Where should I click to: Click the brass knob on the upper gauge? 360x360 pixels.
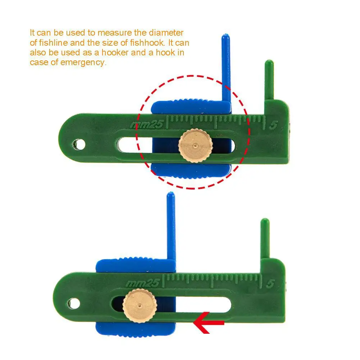pyautogui.click(x=196, y=146)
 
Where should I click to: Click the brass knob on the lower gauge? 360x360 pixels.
pyautogui.click(x=140, y=306)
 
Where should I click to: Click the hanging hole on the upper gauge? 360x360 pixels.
pyautogui.click(x=79, y=145)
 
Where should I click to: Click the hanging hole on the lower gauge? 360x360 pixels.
pyautogui.click(x=74, y=304)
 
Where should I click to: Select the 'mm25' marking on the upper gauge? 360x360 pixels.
pyautogui.click(x=147, y=125)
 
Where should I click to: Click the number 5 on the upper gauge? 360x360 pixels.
pyautogui.click(x=273, y=125)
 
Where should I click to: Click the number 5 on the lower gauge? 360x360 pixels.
pyautogui.click(x=270, y=284)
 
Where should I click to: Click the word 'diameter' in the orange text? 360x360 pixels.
pyautogui.click(x=166, y=33)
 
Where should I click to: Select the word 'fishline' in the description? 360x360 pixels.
pyautogui.click(x=53, y=43)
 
